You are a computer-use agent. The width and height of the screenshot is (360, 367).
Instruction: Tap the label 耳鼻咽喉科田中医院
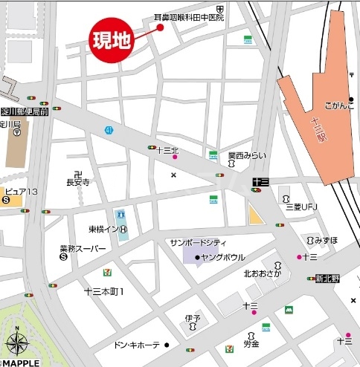(x=189, y=16)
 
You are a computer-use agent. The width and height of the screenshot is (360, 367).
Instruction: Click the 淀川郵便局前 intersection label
(x=25, y=111)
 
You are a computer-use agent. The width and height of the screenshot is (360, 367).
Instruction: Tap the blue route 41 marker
(x=109, y=130)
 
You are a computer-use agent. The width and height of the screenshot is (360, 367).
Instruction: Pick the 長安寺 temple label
(x=77, y=181)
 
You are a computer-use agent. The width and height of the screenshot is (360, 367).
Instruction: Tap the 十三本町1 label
(x=104, y=291)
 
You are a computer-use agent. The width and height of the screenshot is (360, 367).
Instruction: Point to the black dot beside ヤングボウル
(x=197, y=257)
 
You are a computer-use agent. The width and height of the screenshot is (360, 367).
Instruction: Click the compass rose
(x=18, y=344)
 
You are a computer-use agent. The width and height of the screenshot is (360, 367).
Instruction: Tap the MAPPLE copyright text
(x=22, y=362)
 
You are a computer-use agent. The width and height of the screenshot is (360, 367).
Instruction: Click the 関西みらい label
(x=246, y=156)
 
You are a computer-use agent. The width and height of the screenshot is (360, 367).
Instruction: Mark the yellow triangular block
(x=255, y=215)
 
